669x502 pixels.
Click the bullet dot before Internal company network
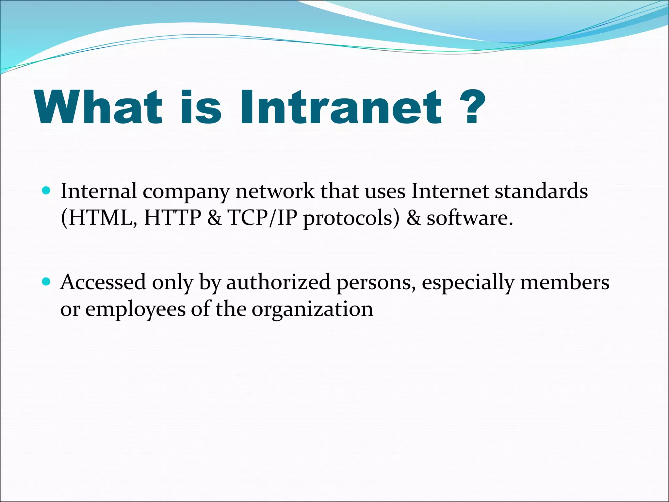coord(47,190)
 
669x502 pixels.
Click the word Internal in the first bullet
coord(99,191)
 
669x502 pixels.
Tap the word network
coord(275,191)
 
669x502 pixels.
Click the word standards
coord(541,191)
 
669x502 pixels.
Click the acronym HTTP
coord(172,218)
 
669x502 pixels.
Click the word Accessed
coord(103,282)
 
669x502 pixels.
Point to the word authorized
coord(278,282)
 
